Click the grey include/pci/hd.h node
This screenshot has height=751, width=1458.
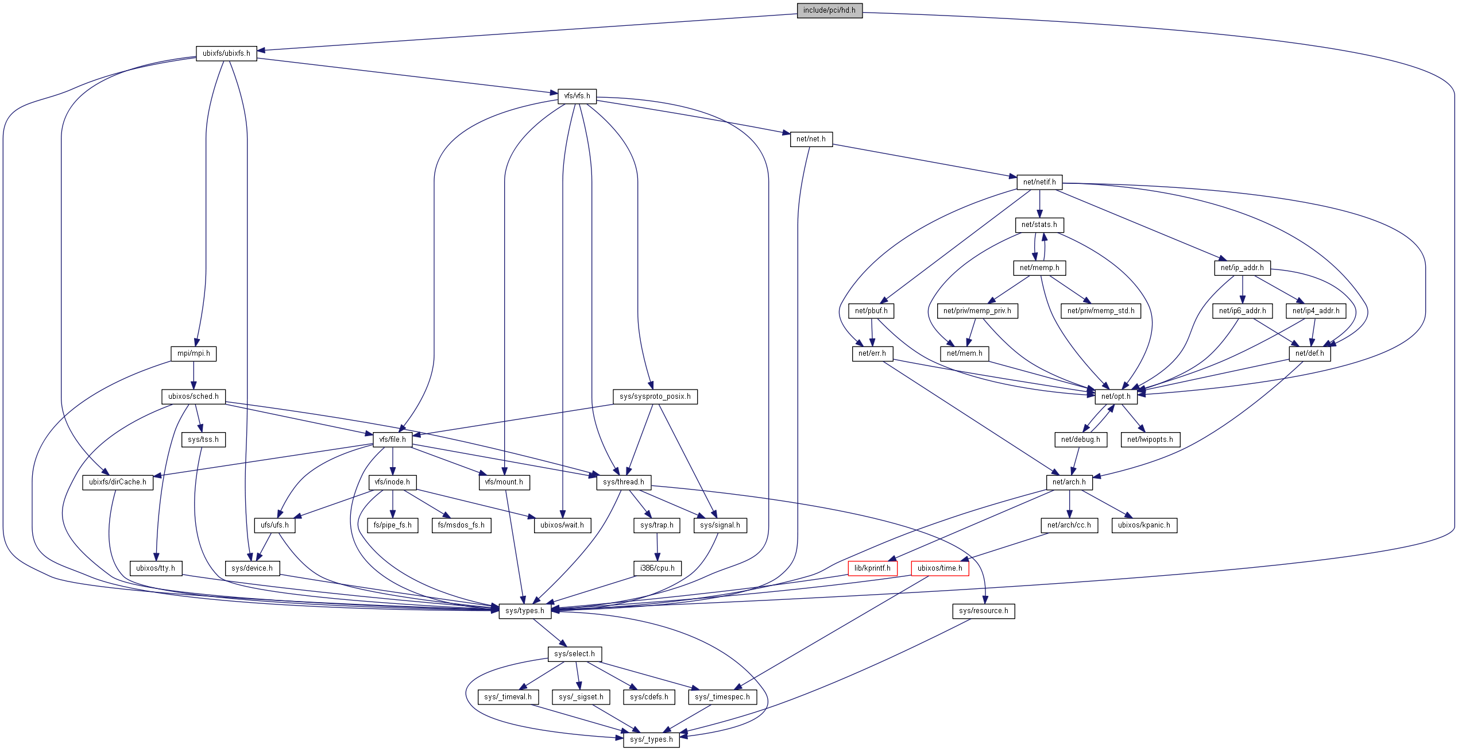click(x=829, y=10)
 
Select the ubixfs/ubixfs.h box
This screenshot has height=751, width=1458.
click(x=226, y=53)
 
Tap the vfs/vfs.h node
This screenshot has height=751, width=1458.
click(x=577, y=96)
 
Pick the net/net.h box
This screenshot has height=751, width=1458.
click(x=811, y=139)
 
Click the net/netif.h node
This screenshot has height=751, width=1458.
click(x=1039, y=182)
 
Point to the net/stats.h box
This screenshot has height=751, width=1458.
click(x=1039, y=225)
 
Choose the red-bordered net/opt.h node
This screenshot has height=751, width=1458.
click(x=1116, y=396)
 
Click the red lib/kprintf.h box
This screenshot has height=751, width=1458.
click(x=872, y=568)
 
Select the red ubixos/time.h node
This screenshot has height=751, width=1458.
click(x=939, y=568)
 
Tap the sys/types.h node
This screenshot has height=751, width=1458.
click(x=525, y=611)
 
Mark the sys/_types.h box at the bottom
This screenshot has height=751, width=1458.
click(x=651, y=740)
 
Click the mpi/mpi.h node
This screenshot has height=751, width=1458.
click(x=194, y=353)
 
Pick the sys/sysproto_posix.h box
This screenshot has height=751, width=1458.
click(x=655, y=396)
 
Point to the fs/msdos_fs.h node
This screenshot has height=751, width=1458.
click(x=461, y=525)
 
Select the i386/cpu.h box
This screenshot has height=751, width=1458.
click(x=658, y=568)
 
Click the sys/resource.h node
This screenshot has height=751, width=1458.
click(x=984, y=611)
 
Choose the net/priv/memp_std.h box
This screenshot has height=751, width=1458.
click(x=1101, y=311)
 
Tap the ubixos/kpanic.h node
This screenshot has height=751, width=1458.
click(x=1144, y=525)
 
